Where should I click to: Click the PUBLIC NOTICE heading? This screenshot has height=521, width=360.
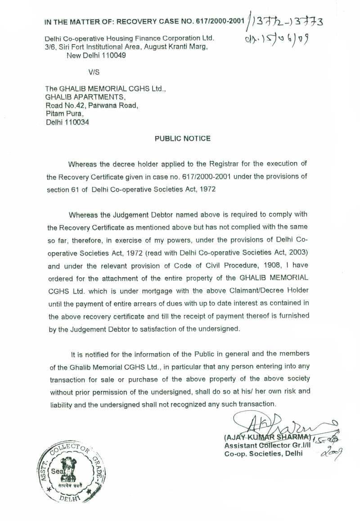coord(182,139)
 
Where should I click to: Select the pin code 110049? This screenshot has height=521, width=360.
coord(111,56)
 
